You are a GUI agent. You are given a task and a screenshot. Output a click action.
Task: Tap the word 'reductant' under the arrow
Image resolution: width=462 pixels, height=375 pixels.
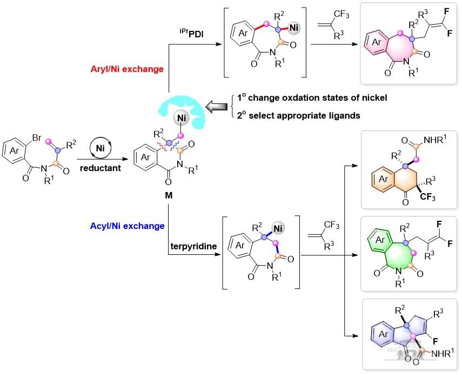[101, 169]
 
